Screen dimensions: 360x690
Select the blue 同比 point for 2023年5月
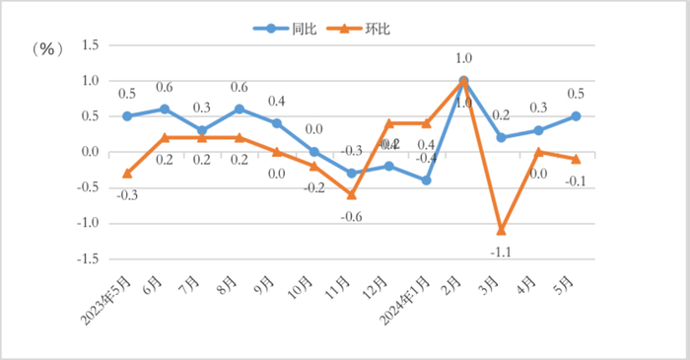click(x=127, y=116)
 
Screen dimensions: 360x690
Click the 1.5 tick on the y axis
click(x=92, y=45)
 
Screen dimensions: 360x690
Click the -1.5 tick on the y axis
click(x=90, y=258)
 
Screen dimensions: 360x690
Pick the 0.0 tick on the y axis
click(x=92, y=152)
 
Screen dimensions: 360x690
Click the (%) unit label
click(x=47, y=48)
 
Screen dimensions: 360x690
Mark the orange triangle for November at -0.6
click(x=351, y=194)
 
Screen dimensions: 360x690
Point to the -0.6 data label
click(x=351, y=215)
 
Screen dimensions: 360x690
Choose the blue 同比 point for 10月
click(x=313, y=152)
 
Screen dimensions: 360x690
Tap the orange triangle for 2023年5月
click(x=127, y=174)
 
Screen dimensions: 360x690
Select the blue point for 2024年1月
click(x=426, y=180)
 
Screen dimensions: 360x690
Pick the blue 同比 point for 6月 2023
click(x=165, y=108)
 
